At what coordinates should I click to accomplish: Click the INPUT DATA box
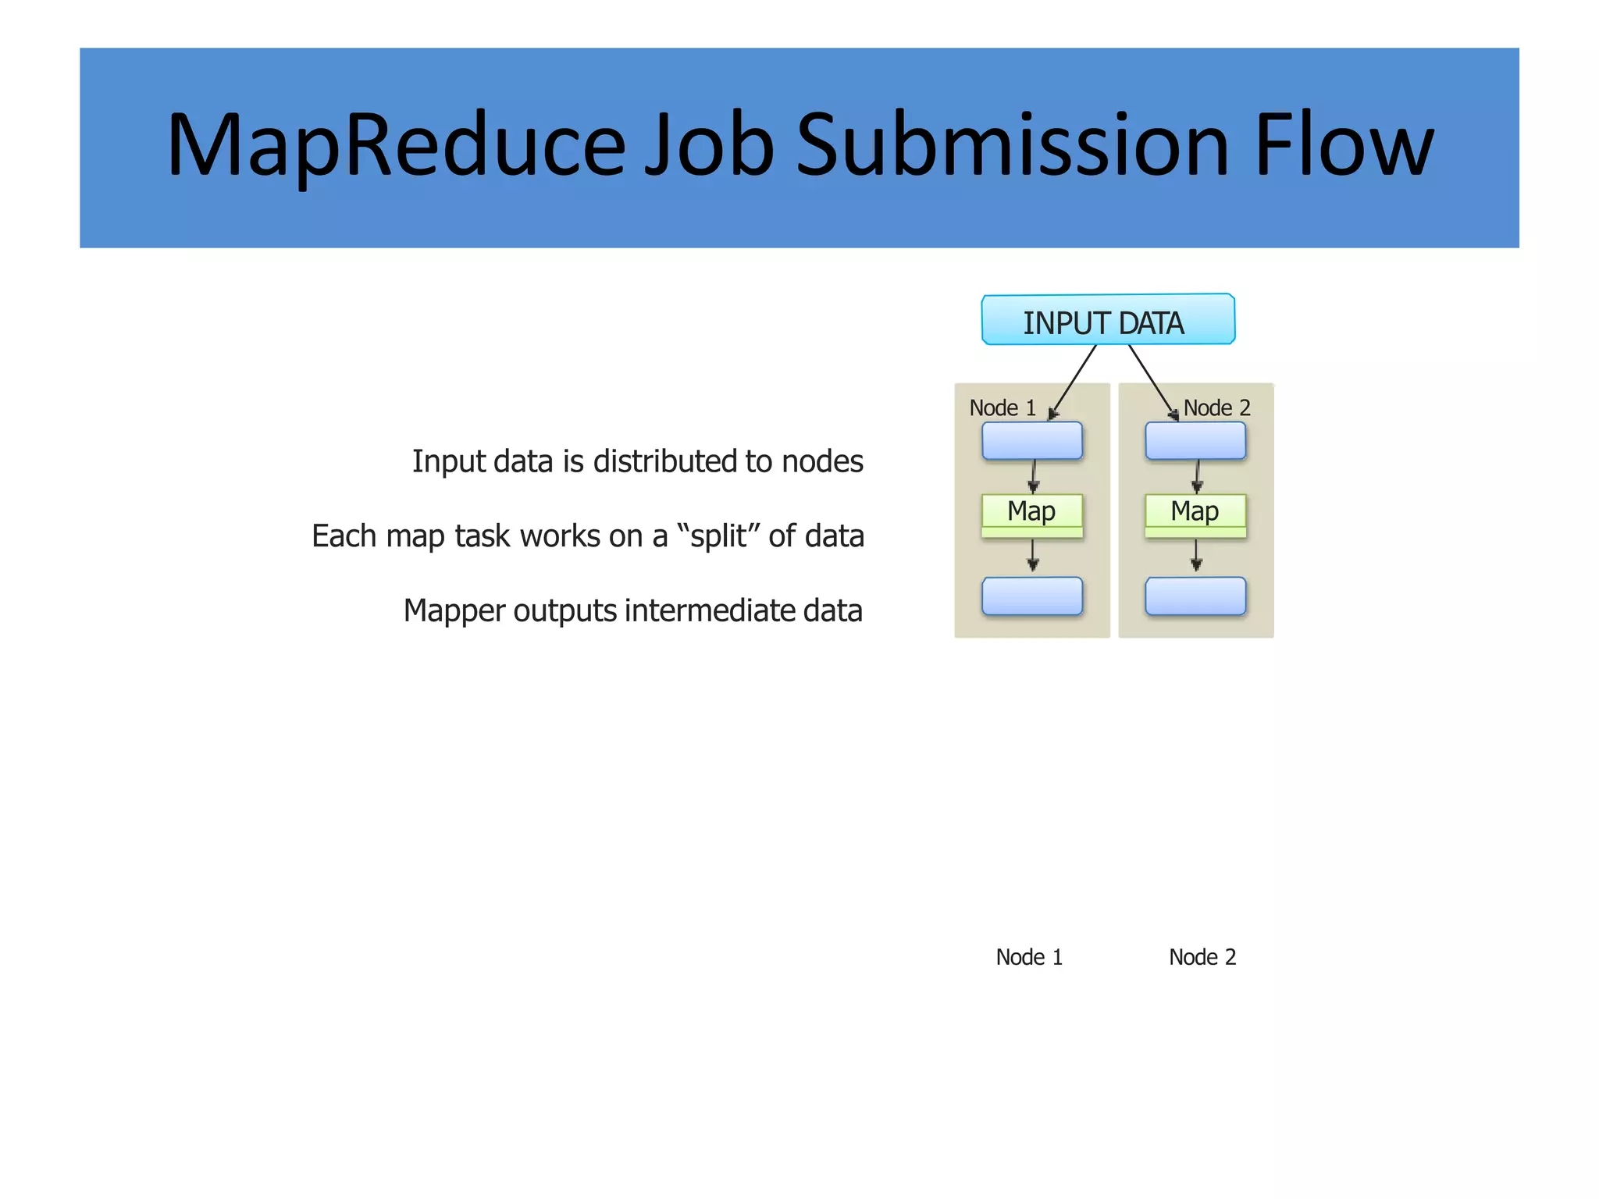[1107, 320]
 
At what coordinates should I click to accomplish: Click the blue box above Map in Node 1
[1031, 441]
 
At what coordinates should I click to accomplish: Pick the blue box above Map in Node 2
[1195, 441]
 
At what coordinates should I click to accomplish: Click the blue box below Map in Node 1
[1031, 596]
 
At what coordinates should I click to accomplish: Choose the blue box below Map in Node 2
[1195, 596]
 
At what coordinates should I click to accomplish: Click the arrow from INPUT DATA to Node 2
[1152, 380]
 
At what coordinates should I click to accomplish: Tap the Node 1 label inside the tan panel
[1002, 408]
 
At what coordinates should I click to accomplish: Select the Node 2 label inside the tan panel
[1216, 408]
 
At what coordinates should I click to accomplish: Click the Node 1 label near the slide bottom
[1028, 957]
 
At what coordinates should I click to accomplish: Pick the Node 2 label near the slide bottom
[1202, 957]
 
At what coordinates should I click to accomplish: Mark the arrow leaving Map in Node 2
[1195, 555]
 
